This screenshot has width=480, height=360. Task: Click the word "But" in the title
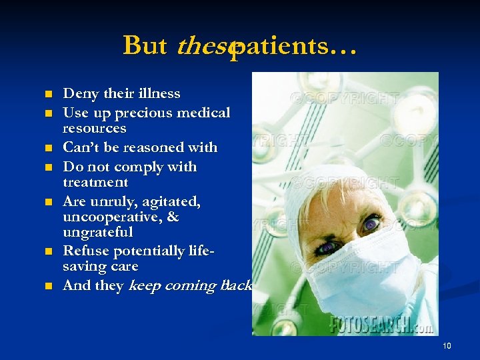click(145, 45)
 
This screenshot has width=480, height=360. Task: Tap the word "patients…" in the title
click(294, 45)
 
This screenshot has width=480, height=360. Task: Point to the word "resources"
click(94, 127)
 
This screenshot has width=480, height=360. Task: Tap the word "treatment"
click(95, 181)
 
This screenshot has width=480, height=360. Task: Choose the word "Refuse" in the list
click(85, 251)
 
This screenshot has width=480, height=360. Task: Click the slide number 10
click(447, 345)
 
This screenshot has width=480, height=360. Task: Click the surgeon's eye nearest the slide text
click(326, 248)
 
